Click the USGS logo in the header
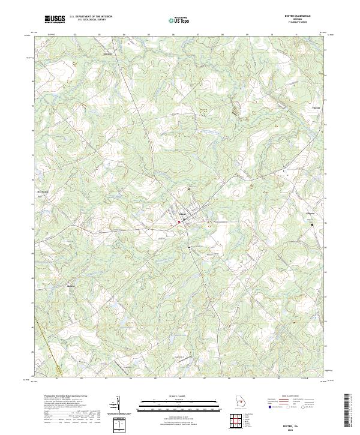click(55, 19)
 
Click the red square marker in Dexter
click(179, 221)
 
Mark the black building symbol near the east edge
click(311, 225)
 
